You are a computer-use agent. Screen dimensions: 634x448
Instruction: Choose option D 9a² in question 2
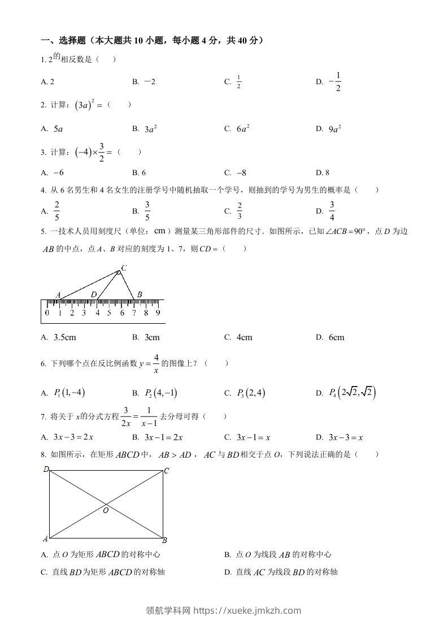tap(334, 129)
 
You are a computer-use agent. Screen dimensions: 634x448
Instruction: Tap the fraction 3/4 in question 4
tap(332, 211)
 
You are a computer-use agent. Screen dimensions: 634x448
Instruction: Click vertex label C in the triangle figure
tap(124, 267)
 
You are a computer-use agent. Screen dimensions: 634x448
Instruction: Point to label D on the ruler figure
tap(94, 294)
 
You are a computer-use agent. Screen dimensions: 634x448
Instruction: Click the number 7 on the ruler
tap(134, 312)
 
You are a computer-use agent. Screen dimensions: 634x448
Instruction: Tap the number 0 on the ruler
tap(47, 312)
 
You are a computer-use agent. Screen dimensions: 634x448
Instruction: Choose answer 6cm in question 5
tap(336, 337)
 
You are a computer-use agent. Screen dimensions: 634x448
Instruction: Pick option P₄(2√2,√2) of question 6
tap(353, 393)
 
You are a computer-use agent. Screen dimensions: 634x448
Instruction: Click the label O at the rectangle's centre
tap(106, 510)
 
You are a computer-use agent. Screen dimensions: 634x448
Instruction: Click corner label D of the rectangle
tap(45, 469)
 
